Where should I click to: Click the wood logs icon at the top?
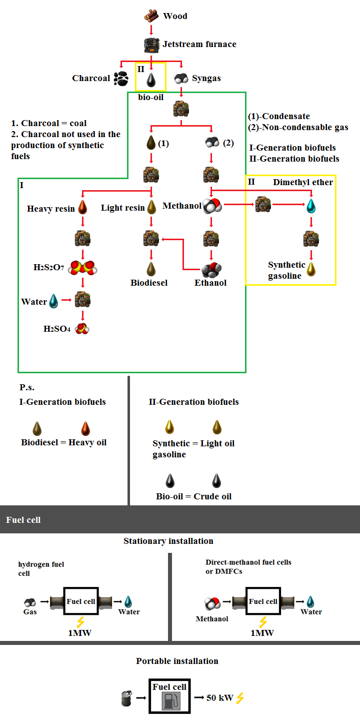151,16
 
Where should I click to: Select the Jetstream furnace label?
199,45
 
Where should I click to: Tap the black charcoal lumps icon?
121,78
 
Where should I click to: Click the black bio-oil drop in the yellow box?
151,79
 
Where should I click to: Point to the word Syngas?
206,79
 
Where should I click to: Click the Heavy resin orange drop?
83,208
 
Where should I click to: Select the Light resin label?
122,208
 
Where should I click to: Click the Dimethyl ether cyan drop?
311,205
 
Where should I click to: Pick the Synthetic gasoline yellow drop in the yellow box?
311,269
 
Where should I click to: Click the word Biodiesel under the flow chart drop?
149,283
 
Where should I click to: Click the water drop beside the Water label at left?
54,301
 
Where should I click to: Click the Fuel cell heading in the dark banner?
23,520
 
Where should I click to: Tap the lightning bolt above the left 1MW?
79,622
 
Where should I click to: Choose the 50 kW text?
220,697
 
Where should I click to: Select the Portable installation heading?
177,661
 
